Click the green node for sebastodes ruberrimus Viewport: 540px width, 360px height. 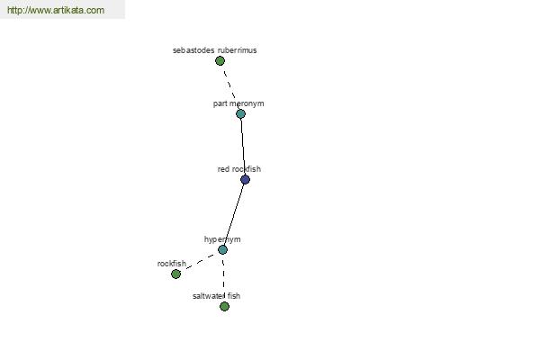click(220, 61)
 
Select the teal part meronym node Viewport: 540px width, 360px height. click(240, 113)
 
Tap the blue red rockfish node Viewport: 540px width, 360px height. click(245, 179)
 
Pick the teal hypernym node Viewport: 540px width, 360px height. click(223, 250)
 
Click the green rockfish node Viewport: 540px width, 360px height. click(176, 274)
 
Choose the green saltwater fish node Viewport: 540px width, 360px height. click(224, 306)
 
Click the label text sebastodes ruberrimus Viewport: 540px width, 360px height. click(214, 50)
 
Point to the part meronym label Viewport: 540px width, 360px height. click(238, 103)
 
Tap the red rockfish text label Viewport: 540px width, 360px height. click(239, 169)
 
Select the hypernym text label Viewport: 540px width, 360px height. click(222, 239)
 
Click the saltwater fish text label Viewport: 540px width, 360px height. click(216, 296)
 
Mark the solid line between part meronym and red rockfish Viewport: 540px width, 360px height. click(243, 147)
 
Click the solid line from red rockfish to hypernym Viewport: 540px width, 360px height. click(234, 214)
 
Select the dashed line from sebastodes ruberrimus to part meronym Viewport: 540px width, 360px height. click(229, 85)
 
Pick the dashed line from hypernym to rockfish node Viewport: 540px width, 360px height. click(200, 262)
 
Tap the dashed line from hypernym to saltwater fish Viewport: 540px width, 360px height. click(223, 275)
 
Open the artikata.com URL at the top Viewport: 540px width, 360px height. click(56, 10)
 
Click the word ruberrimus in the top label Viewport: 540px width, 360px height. click(238, 50)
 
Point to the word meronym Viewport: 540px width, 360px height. click(247, 103)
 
